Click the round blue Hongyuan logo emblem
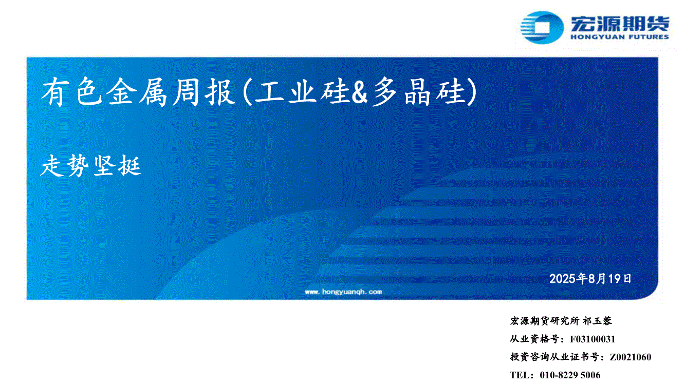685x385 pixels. click(542, 28)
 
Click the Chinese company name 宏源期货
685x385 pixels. click(620, 24)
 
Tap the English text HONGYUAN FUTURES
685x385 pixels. click(620, 37)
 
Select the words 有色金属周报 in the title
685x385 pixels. click(138, 92)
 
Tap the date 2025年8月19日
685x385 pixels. click(590, 279)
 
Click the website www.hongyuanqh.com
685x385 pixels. click(343, 292)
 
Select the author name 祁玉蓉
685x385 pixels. click(597, 321)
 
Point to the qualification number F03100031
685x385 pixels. click(593, 339)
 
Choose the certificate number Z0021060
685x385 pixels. click(630, 357)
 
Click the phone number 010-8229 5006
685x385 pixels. click(570, 375)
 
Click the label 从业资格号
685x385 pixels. click(535, 339)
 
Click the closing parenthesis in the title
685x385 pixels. click(472, 92)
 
